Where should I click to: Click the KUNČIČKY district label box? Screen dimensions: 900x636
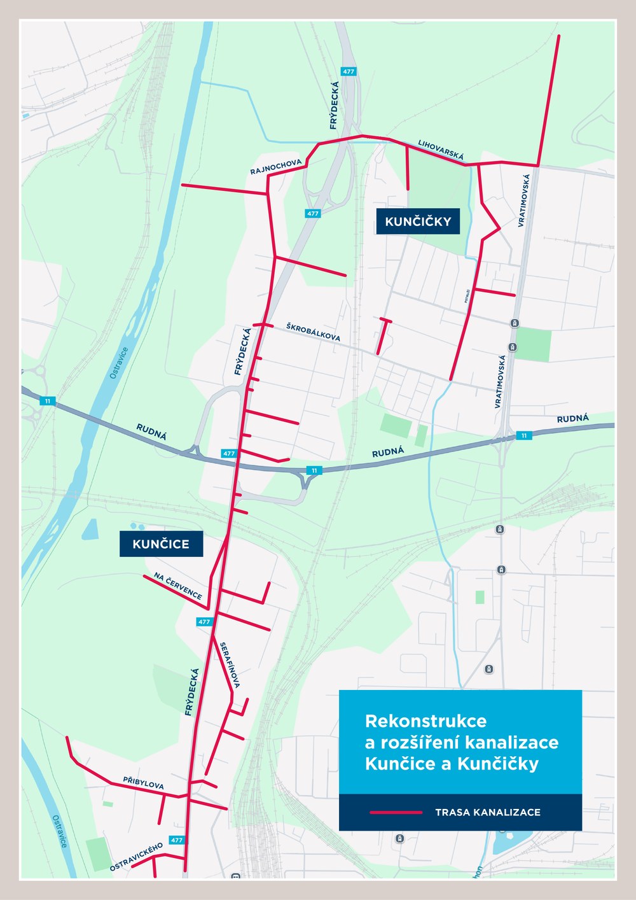(418, 221)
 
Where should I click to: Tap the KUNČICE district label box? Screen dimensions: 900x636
(161, 544)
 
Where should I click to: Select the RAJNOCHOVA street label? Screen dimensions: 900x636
(275, 167)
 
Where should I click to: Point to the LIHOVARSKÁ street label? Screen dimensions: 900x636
(441, 150)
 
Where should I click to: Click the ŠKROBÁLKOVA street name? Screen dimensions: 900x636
(313, 332)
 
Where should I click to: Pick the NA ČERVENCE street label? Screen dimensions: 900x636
(178, 586)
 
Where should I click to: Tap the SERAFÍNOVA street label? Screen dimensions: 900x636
(229, 665)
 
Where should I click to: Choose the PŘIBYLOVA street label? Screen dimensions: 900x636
(143, 783)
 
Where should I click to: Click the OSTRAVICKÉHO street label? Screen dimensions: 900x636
(136, 856)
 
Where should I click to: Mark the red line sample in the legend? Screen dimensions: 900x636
(396, 812)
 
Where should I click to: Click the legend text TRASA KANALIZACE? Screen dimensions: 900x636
(488, 812)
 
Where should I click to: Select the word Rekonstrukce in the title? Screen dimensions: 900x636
(425, 721)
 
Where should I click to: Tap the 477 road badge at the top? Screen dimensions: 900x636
(349, 71)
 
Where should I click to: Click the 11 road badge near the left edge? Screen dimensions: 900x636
(47, 401)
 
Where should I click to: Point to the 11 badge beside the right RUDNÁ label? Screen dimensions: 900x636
(523, 435)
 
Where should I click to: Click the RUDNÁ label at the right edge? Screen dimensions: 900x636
(572, 419)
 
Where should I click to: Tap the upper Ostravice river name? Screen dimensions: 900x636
(119, 363)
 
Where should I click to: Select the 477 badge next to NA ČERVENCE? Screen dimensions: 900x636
(204, 622)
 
